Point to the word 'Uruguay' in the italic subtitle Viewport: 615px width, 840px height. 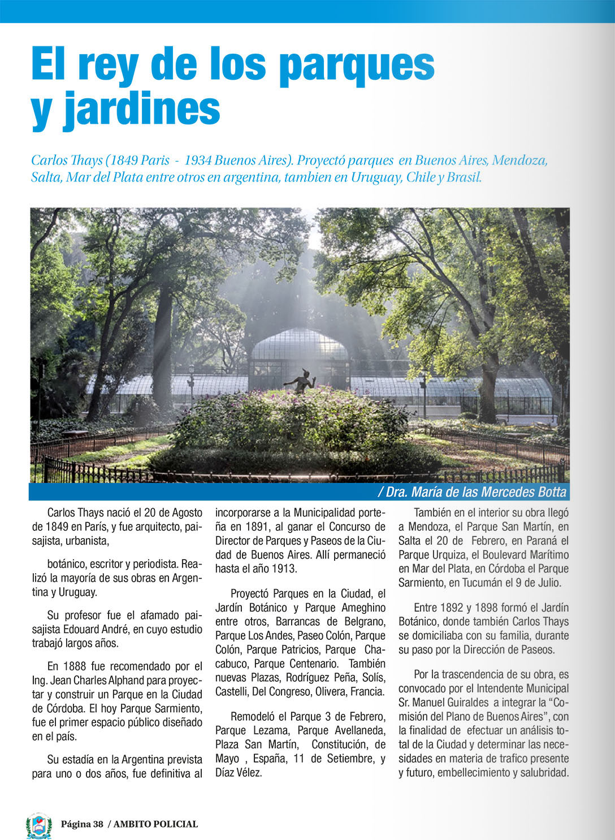coord(376,177)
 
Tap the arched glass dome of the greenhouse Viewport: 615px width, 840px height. coord(300,345)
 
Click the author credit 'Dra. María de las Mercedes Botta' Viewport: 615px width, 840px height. coord(476,492)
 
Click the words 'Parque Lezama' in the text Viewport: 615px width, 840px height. coord(252,731)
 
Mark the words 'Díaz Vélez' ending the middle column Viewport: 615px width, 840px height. coord(239,773)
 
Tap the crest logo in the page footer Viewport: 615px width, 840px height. coord(39,825)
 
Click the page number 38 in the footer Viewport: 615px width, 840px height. coord(98,824)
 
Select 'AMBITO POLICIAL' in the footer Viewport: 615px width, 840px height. coord(155,824)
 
